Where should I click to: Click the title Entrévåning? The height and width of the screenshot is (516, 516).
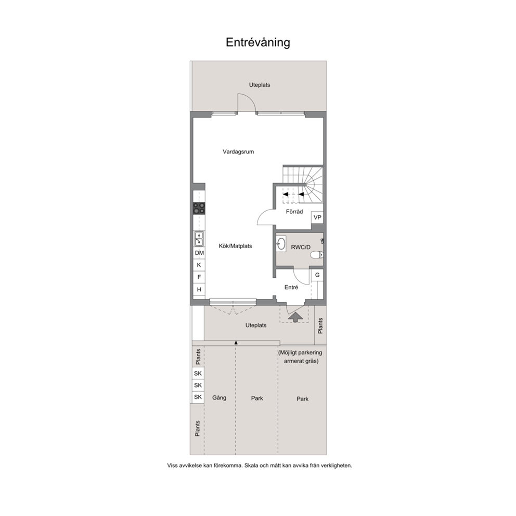point(257,43)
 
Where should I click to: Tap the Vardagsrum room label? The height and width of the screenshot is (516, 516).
point(238,152)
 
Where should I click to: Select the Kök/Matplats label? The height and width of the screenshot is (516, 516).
point(235,246)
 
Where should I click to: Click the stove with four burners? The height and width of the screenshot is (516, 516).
point(199,208)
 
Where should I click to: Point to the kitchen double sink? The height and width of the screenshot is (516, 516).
point(199,239)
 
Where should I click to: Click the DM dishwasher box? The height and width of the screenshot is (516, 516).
point(199,253)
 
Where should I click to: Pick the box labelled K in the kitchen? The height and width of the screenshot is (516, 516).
point(199,265)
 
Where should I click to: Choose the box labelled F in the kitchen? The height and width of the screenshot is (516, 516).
point(199,277)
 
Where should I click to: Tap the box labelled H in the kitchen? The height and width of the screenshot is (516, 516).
point(199,289)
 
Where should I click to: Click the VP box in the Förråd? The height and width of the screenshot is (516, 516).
point(317,217)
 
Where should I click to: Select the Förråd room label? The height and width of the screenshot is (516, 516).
point(294,212)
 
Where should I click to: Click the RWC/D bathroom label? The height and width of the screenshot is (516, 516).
point(301,247)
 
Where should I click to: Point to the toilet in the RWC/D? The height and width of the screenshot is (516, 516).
point(317,255)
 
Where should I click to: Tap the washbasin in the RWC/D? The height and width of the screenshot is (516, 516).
point(281,244)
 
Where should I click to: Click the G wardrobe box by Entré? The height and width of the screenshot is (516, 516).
point(317,275)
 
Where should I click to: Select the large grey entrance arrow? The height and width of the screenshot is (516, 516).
point(295,317)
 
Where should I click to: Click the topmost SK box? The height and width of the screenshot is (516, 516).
point(198,373)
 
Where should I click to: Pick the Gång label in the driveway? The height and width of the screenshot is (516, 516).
point(219,398)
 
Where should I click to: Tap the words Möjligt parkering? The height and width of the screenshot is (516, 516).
point(301,353)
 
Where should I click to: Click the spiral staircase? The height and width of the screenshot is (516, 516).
point(303,184)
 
